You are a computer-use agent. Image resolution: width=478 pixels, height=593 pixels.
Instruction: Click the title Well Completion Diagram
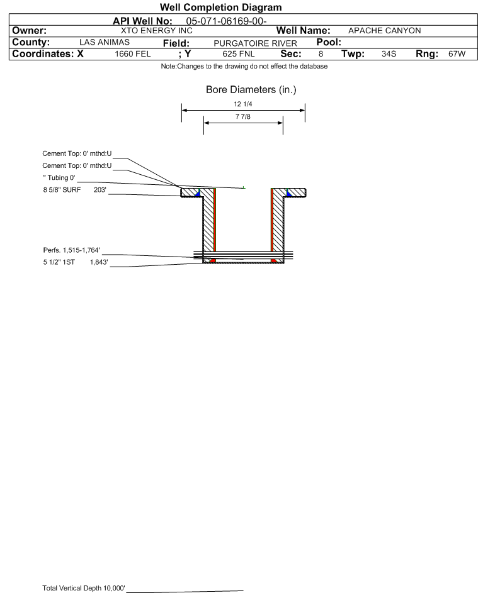pos(221,7)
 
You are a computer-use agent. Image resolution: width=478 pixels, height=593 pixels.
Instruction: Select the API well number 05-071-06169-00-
pos(226,21)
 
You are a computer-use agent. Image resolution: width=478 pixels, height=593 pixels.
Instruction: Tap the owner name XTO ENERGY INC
pos(156,31)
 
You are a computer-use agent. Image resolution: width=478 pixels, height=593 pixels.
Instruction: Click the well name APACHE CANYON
pos(384,31)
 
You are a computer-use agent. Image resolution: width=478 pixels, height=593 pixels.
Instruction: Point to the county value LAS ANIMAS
pos(105,42)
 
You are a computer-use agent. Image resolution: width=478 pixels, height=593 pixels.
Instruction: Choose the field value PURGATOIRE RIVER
pos(255,43)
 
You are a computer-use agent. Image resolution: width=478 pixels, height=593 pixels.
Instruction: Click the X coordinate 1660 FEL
pos(132,53)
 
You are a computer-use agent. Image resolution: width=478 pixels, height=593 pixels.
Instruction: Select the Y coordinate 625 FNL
pos(239,53)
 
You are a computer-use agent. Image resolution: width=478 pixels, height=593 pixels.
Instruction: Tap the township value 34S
pos(389,53)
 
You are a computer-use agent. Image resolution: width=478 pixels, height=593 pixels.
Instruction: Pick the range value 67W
pos(457,53)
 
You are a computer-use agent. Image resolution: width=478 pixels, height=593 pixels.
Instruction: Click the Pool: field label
pos(329,42)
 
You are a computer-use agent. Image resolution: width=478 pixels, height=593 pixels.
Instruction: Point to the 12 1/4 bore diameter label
pos(243,104)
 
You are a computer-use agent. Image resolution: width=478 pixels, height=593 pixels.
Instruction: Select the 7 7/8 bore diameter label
pos(243,116)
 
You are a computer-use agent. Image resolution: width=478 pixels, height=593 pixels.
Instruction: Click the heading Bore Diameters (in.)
pos(251,90)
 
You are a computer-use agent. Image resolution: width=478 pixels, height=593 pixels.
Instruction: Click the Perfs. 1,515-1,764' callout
pos(72,250)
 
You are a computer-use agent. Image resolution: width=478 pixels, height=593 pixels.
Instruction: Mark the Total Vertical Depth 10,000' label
pos(84,588)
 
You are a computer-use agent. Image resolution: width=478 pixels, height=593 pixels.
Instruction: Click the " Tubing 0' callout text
pos(59,178)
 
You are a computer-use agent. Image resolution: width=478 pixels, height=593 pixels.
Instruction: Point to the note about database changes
pos(244,66)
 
